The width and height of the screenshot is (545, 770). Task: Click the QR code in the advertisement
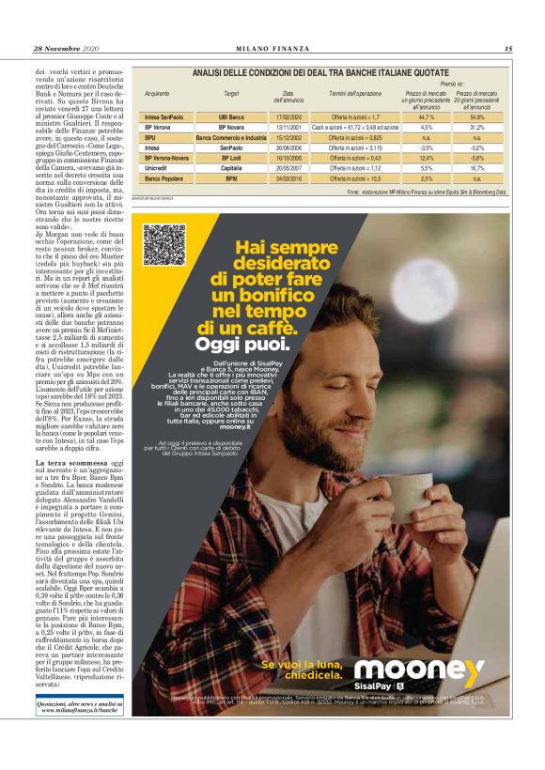[163, 245]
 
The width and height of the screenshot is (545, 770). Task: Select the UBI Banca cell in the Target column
[231, 116]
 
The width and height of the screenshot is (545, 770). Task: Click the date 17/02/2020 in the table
[288, 116]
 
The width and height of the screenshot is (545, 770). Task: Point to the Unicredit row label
[158, 168]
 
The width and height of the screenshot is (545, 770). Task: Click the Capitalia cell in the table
[231, 168]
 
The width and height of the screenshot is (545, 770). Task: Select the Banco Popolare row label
[163, 178]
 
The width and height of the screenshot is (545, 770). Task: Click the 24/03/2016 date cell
[288, 178]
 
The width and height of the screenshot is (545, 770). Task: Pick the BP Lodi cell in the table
[231, 158]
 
